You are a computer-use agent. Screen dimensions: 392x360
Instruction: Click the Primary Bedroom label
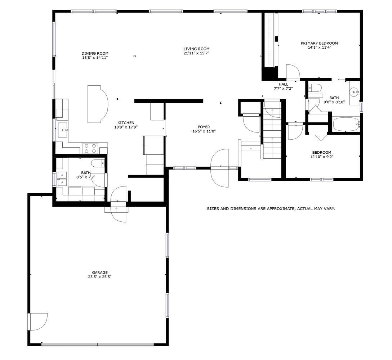[319, 43]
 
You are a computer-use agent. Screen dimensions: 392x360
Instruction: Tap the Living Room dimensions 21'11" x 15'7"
[196, 53]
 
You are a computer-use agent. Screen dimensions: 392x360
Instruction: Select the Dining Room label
[95, 53]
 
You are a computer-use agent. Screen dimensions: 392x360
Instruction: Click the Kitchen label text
[126, 123]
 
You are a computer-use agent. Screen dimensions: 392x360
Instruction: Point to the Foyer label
[204, 127]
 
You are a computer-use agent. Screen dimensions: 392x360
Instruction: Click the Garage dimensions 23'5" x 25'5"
[100, 277]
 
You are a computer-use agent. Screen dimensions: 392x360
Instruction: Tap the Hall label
[283, 84]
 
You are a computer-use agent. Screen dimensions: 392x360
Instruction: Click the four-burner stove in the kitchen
[90, 148]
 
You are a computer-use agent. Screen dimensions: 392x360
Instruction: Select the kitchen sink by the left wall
[63, 130]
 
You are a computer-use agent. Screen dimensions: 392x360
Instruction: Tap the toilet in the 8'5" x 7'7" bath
[98, 163]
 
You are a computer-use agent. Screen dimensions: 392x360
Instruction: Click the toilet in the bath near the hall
[315, 88]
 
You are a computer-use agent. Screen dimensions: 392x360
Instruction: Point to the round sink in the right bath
[355, 92]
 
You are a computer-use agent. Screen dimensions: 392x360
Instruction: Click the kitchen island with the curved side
[98, 104]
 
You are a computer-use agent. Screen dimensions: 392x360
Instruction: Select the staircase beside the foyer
[272, 129]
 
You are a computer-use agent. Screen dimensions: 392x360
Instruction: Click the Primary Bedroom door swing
[293, 71]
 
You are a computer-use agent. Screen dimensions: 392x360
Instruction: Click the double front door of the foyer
[219, 168]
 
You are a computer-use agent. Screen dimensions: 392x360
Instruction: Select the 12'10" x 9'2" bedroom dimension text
[322, 157]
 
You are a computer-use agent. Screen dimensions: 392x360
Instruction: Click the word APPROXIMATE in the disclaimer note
[281, 208]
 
